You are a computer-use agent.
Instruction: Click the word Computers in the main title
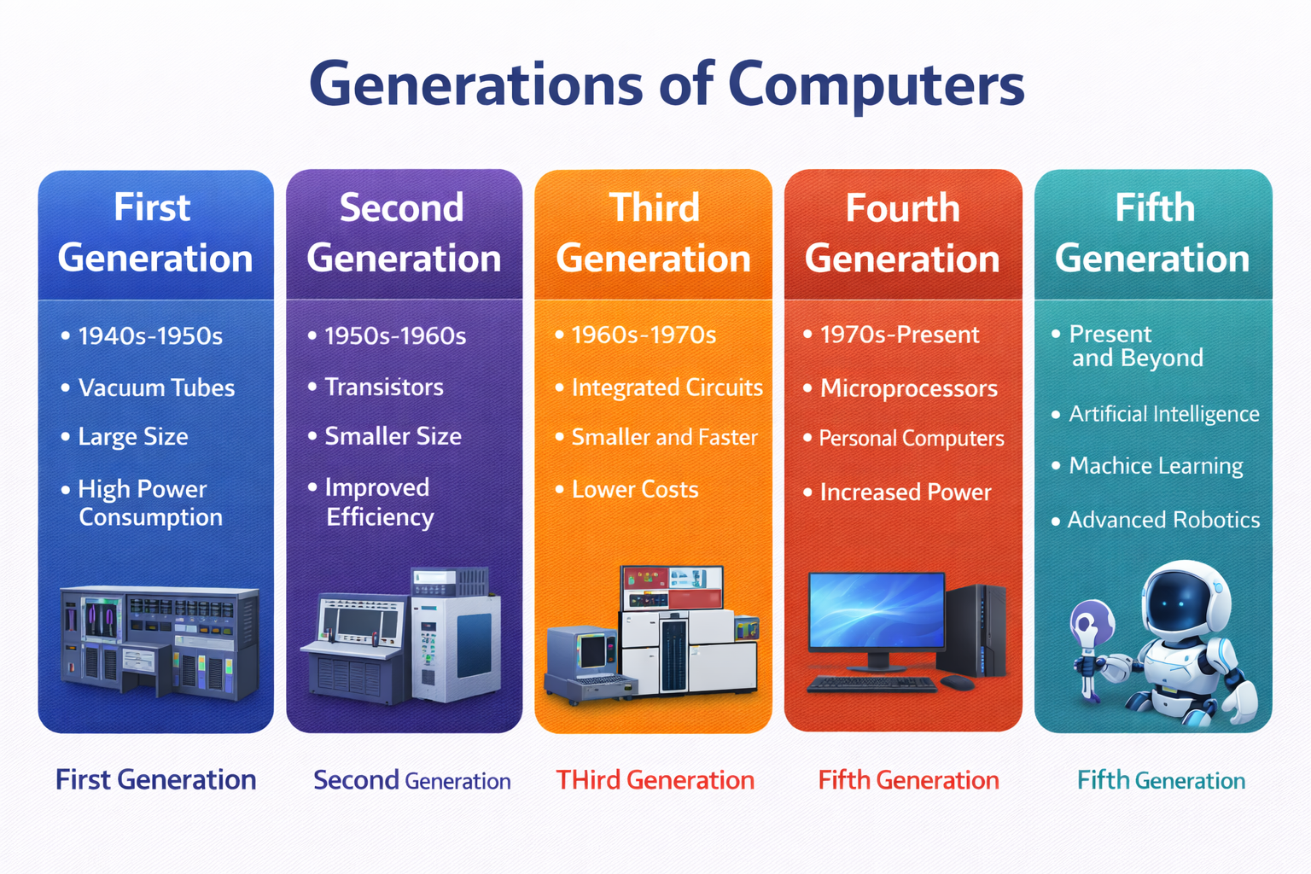pyautogui.click(x=876, y=85)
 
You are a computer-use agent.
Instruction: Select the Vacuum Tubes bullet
pyautogui.click(x=156, y=387)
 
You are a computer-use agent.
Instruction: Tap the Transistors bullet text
pyautogui.click(x=384, y=387)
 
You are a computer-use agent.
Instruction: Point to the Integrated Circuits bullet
pyautogui.click(x=667, y=387)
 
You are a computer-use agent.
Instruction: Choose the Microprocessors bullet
pyautogui.click(x=908, y=388)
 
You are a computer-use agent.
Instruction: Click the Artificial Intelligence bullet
pyautogui.click(x=1163, y=414)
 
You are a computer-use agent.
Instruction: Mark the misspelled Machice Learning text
pyautogui.click(x=1156, y=466)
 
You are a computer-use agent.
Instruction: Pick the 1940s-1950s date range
pyautogui.click(x=150, y=335)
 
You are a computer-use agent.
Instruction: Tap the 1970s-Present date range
pyautogui.click(x=900, y=335)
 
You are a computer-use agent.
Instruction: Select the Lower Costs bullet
pyautogui.click(x=635, y=489)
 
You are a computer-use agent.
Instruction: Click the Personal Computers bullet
pyautogui.click(x=911, y=439)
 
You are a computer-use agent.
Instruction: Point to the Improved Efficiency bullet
pyautogui.click(x=379, y=502)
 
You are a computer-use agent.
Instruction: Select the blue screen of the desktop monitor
pyautogui.click(x=877, y=609)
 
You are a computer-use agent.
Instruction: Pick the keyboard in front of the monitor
pyautogui.click(x=871, y=684)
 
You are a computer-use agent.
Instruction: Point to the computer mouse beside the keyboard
pyautogui.click(x=957, y=682)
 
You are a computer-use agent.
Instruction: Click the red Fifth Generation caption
pyautogui.click(x=908, y=780)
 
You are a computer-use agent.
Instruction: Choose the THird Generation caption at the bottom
pyautogui.click(x=655, y=780)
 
